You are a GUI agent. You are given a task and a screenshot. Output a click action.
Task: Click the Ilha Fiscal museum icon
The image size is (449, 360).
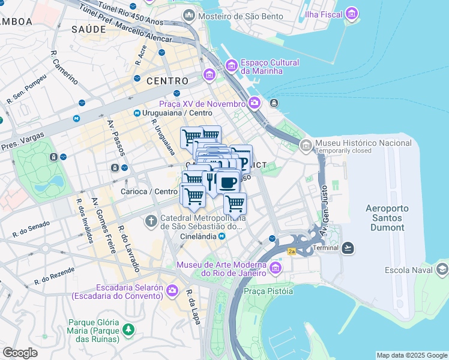tap(352, 13)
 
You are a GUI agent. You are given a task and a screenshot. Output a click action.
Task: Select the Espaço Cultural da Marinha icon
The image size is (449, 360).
tap(231, 65)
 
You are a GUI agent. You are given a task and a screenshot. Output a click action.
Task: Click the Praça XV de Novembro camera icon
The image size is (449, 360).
tap(255, 103)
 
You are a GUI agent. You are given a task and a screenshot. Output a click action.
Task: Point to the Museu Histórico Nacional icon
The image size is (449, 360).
tap(306, 145)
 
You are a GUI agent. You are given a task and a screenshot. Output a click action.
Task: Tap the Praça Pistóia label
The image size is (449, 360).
tap(268, 291)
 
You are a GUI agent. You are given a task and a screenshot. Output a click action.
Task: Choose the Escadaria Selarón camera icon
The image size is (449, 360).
tap(172, 291)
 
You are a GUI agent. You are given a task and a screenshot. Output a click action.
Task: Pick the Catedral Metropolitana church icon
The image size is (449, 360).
tap(150, 222)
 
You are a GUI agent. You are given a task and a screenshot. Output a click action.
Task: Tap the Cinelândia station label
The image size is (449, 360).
tap(198, 236)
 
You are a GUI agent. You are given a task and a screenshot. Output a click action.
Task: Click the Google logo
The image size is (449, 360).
tap(20, 353)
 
